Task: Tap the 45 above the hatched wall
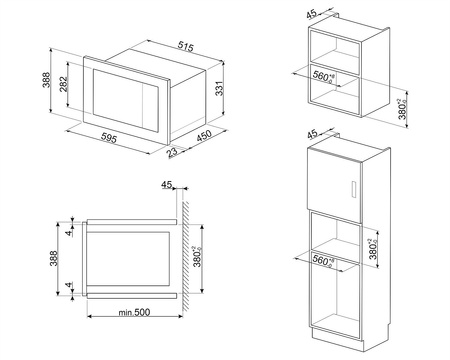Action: (x=168, y=184)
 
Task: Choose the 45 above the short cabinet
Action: (x=310, y=14)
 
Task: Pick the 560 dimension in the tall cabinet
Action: (x=322, y=260)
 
